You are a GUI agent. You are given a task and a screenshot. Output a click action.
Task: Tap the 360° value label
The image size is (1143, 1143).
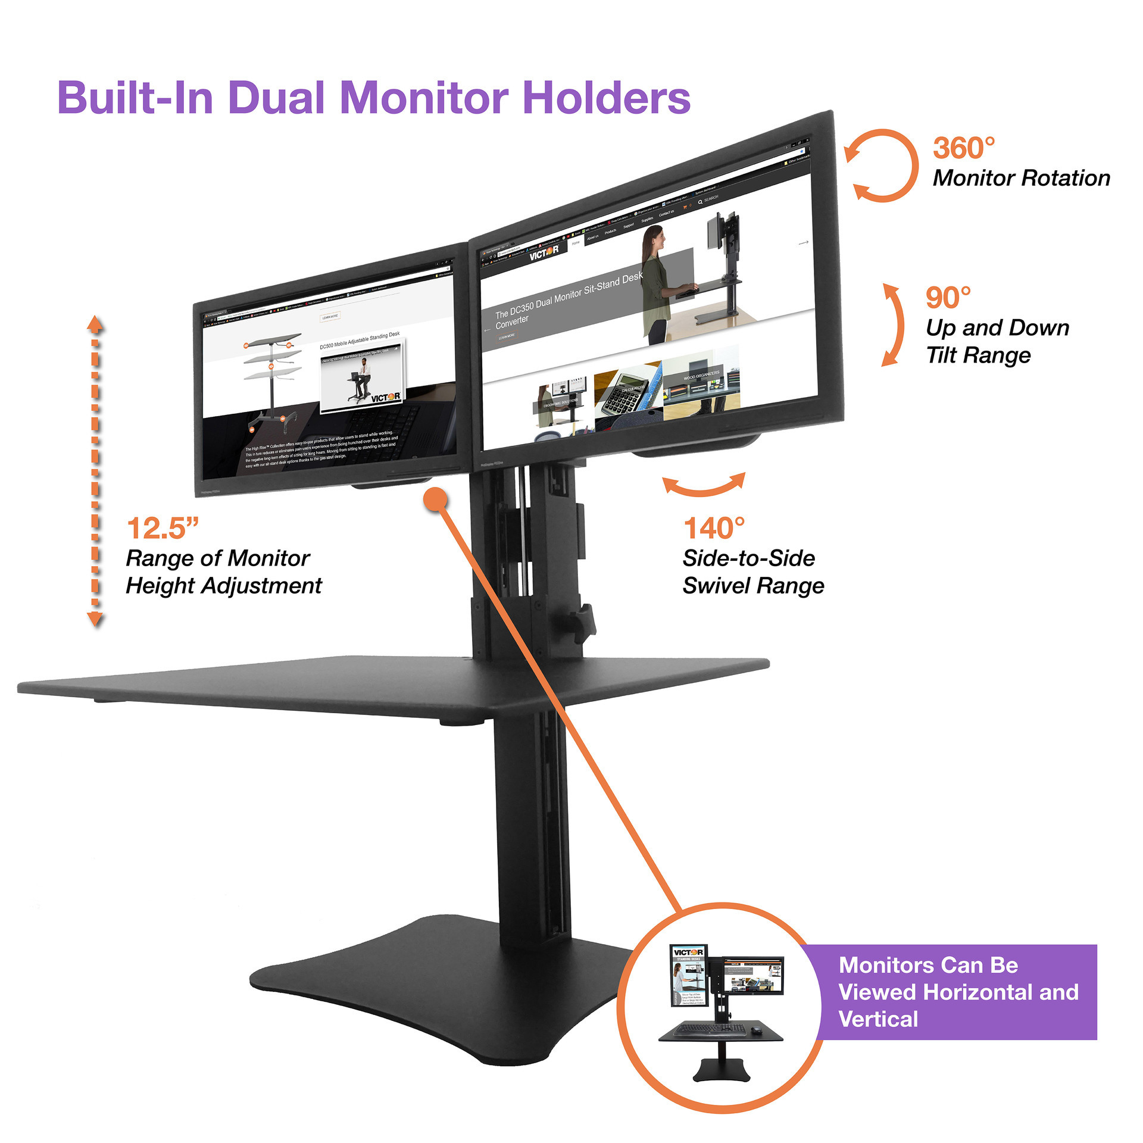coord(963,148)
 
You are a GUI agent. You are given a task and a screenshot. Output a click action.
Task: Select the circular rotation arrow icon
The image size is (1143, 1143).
coord(882,166)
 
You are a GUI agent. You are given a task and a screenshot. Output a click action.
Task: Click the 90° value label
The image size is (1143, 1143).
coord(948,298)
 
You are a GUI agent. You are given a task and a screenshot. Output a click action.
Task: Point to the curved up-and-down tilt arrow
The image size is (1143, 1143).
coord(892,324)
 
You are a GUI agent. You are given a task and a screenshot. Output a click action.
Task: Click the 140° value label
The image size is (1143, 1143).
coord(713,528)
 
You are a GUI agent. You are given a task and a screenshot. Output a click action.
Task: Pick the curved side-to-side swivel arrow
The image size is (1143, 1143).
coord(704,485)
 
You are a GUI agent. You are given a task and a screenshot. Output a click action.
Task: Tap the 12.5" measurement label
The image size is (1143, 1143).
coord(162,528)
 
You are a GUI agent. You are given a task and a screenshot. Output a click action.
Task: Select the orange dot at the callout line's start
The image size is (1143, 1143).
coord(435,499)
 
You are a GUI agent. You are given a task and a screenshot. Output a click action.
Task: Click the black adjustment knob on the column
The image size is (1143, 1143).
coord(584,622)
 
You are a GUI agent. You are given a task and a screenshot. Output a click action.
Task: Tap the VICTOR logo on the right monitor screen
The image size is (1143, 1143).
coord(544,252)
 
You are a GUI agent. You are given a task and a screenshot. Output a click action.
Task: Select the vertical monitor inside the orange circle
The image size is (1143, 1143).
coord(689,975)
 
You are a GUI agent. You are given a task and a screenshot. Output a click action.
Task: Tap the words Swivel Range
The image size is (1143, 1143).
coord(753,585)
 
